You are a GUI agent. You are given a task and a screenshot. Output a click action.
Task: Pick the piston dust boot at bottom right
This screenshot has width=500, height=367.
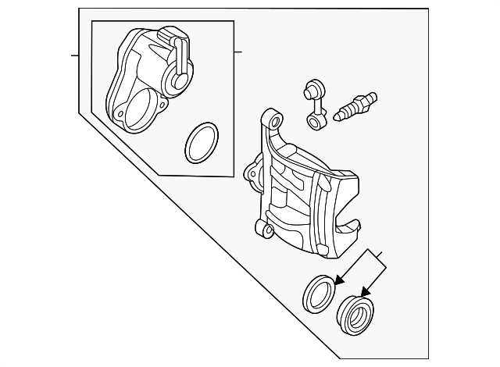tap(355, 312)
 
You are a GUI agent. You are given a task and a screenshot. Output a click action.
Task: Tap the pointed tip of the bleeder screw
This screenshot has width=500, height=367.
tap(338, 118)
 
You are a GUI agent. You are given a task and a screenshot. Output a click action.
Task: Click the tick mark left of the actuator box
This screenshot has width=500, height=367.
tap(76, 55)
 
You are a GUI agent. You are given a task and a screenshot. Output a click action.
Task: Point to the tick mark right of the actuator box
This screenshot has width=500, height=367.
tap(238, 53)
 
